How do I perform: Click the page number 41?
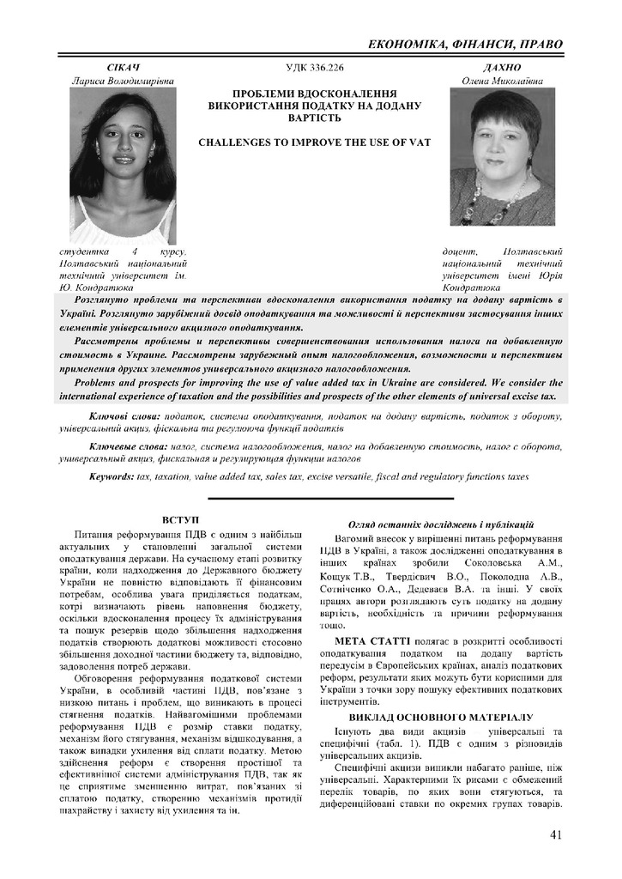(x=555, y=834)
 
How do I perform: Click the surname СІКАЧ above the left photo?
(x=123, y=67)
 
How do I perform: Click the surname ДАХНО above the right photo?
(x=504, y=67)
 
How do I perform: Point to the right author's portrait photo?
(x=503, y=157)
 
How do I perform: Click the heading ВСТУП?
(x=180, y=520)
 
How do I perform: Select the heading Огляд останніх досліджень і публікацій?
(x=441, y=523)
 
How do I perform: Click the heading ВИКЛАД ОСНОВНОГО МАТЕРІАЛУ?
(x=441, y=716)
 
